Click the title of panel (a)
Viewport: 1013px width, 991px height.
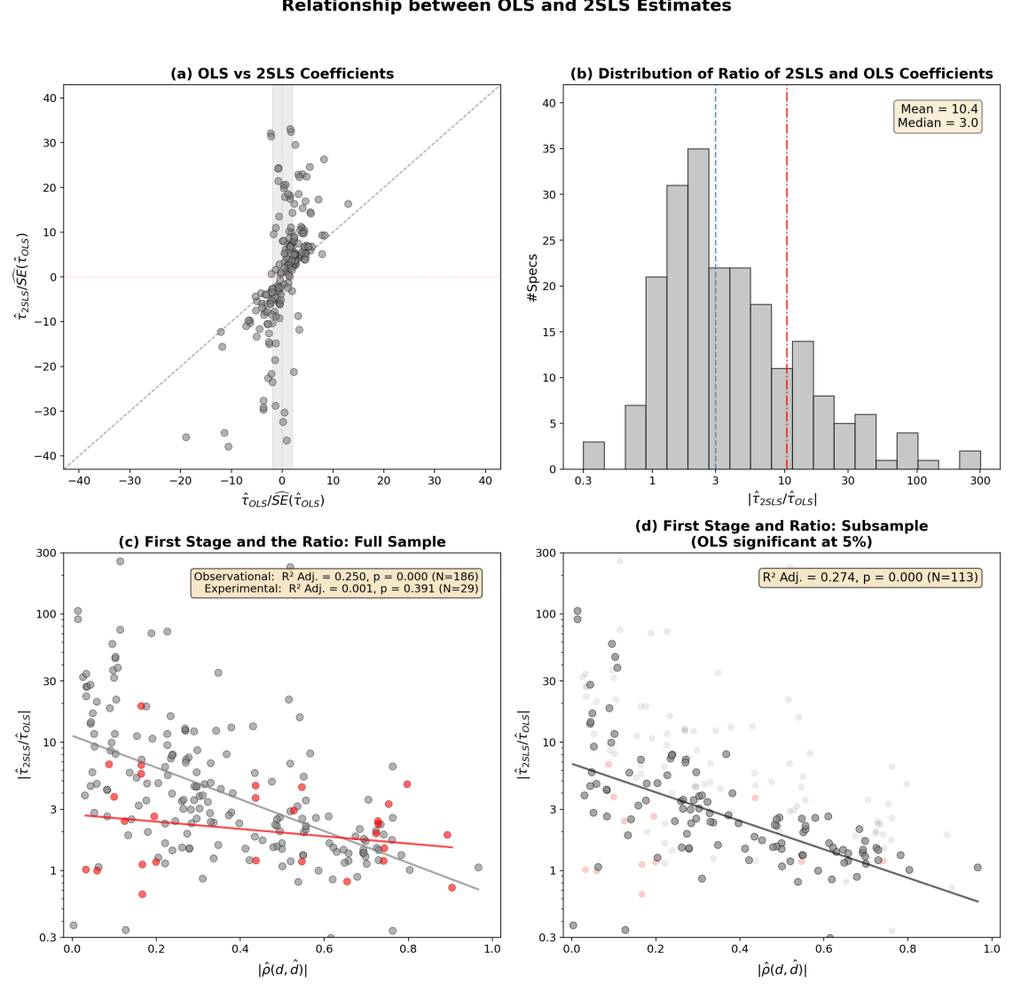282,74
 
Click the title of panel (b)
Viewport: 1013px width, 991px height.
781,74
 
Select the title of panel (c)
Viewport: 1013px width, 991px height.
282,542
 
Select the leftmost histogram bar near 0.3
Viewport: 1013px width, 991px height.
593,455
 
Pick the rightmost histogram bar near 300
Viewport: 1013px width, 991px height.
970,460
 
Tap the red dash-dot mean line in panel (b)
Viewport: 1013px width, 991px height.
786,266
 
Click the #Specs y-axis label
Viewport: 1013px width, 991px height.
532,277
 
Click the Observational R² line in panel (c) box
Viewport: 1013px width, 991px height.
336,577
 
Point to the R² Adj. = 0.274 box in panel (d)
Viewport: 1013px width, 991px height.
870,578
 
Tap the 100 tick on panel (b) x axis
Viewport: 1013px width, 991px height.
916,481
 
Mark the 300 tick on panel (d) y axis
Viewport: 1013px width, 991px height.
548,553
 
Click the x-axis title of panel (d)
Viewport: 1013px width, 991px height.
781,970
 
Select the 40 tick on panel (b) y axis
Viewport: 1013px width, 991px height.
549,103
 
